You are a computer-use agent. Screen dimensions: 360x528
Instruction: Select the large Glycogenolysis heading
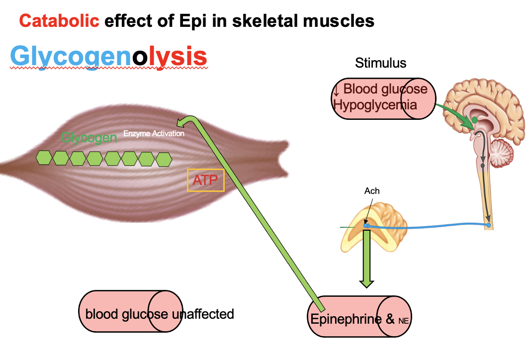[x=108, y=57]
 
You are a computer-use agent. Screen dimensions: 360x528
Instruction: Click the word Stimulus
[x=380, y=63]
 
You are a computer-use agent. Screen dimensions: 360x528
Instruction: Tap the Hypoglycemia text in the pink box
[x=375, y=105]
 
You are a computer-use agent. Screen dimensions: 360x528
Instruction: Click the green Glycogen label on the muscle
[x=88, y=138]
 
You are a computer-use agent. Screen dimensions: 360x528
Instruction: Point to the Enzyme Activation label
[x=154, y=134]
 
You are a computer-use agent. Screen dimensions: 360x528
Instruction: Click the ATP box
[x=205, y=180]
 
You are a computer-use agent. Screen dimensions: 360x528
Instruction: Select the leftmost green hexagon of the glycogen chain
[x=44, y=158]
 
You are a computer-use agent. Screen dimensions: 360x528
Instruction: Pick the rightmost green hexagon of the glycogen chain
[x=164, y=159]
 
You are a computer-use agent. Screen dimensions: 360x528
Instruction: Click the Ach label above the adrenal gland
[x=372, y=191]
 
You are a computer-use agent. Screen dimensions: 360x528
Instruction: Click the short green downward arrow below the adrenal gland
[x=367, y=259]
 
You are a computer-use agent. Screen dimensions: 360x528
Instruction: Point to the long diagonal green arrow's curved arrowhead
[x=186, y=122]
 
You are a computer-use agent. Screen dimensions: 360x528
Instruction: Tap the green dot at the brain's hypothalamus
[x=475, y=119]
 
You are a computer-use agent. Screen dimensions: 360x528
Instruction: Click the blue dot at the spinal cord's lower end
[x=489, y=225]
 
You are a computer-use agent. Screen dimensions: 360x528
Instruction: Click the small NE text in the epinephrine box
[x=403, y=321]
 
